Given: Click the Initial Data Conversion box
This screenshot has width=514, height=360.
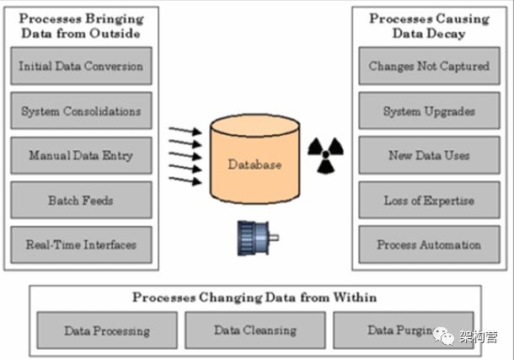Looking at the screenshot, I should coord(82,67).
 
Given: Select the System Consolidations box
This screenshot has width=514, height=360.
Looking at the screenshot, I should coord(82,111).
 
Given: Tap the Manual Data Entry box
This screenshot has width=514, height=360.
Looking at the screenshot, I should coord(82,156).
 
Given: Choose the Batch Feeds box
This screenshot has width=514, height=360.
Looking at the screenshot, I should coord(82,201).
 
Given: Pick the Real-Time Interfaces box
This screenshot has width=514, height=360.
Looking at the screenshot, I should coord(82,245).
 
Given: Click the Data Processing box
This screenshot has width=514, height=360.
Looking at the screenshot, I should coord(108,330).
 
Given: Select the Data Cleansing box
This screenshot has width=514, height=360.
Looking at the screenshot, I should coord(256,330).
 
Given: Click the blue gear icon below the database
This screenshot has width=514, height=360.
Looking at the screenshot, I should coord(253,238).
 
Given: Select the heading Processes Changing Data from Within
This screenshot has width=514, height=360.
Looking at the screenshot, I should coord(254,298).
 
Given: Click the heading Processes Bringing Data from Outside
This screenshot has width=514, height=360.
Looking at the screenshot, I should coord(82,26).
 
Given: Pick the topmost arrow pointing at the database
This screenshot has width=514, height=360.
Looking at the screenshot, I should coord(185,131).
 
